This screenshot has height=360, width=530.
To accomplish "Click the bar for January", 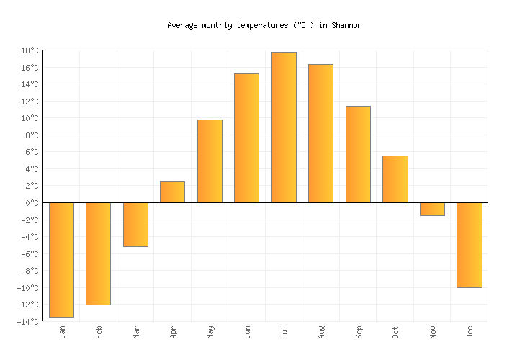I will tap(61, 259).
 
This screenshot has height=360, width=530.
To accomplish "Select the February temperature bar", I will tap(98, 253).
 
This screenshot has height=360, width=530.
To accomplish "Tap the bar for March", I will tap(135, 225).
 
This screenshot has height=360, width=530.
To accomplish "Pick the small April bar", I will tap(172, 192).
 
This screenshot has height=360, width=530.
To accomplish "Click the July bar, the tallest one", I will tap(284, 127).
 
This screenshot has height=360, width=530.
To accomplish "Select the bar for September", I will tap(358, 154).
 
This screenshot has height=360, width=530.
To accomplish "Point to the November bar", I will tap(432, 209).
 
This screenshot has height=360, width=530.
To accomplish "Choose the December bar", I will tap(469, 245).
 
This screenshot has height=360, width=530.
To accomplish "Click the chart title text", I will tap(264, 25).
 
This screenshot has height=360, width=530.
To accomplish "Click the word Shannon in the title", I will tap(346, 25).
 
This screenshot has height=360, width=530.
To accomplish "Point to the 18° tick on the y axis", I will tap(30, 50).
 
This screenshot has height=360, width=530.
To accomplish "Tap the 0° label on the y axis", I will tap(32, 203).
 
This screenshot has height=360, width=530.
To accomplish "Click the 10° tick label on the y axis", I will tap(30, 118).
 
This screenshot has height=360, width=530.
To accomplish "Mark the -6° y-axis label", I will tap(30, 254).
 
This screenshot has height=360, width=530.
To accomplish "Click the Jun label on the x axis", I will tap(247, 331).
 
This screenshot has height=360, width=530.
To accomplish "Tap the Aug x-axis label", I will tap(321, 331).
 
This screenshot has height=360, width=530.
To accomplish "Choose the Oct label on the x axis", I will tap(395, 331).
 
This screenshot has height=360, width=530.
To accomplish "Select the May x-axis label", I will tap(210, 331).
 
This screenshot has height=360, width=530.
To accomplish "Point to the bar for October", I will tap(395, 179).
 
